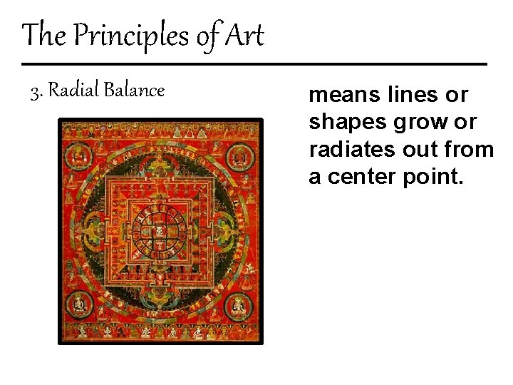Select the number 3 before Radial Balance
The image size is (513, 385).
tap(34, 91)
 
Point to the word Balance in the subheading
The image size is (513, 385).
tap(134, 91)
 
